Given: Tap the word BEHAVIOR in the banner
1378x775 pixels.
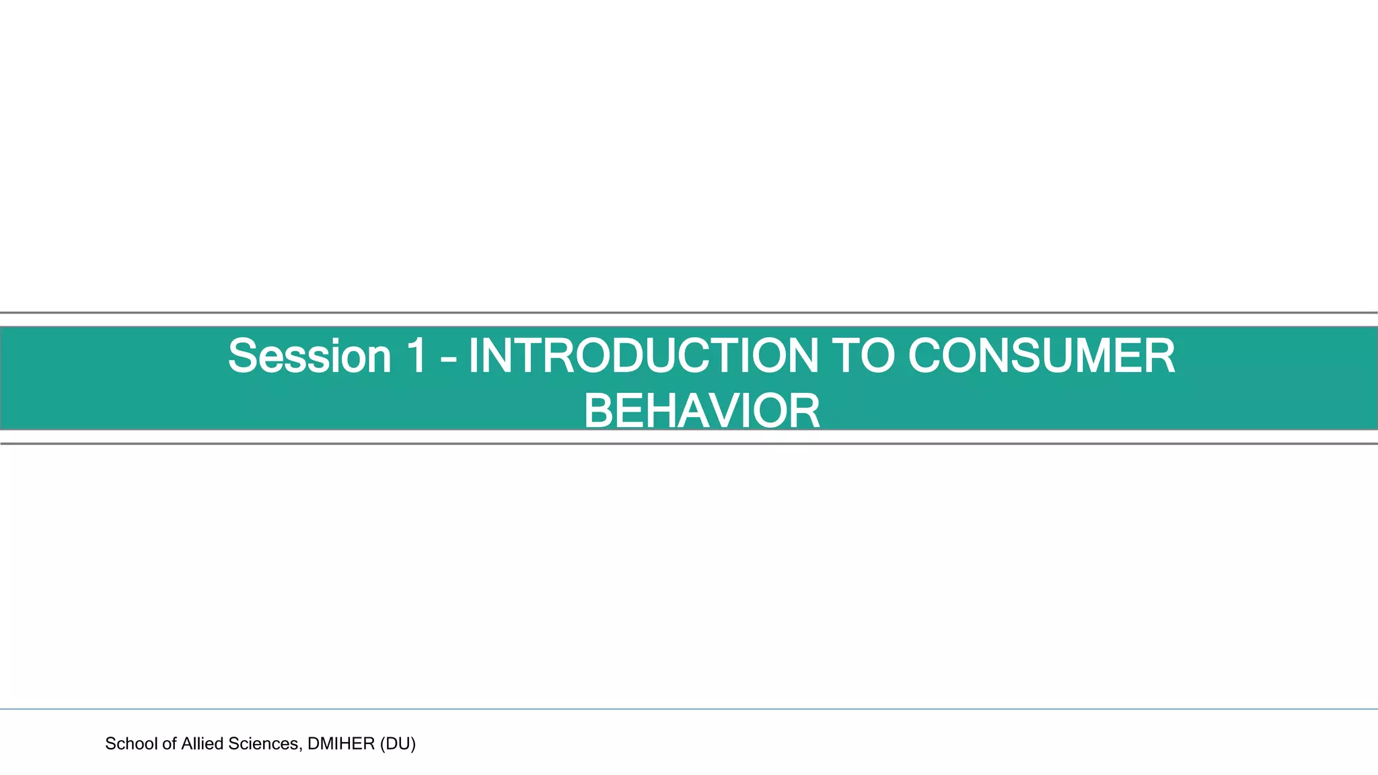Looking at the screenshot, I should pos(702,411).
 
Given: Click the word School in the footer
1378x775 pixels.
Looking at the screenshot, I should pos(131,743).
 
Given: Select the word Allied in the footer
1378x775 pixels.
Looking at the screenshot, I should pos(203,743).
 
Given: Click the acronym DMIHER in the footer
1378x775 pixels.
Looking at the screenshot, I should pos(340,743).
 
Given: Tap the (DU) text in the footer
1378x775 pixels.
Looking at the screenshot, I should pos(398,743).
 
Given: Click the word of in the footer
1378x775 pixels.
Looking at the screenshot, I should pos(169,743).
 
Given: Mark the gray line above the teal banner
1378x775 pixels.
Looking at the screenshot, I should pos(689,313).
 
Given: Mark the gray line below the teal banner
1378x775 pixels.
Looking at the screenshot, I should pos(689,444).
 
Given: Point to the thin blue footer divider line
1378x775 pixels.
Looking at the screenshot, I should pos(689,709).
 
